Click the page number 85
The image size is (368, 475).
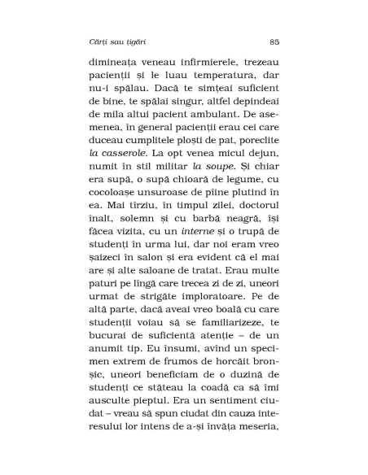pyautogui.click(x=274, y=41)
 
